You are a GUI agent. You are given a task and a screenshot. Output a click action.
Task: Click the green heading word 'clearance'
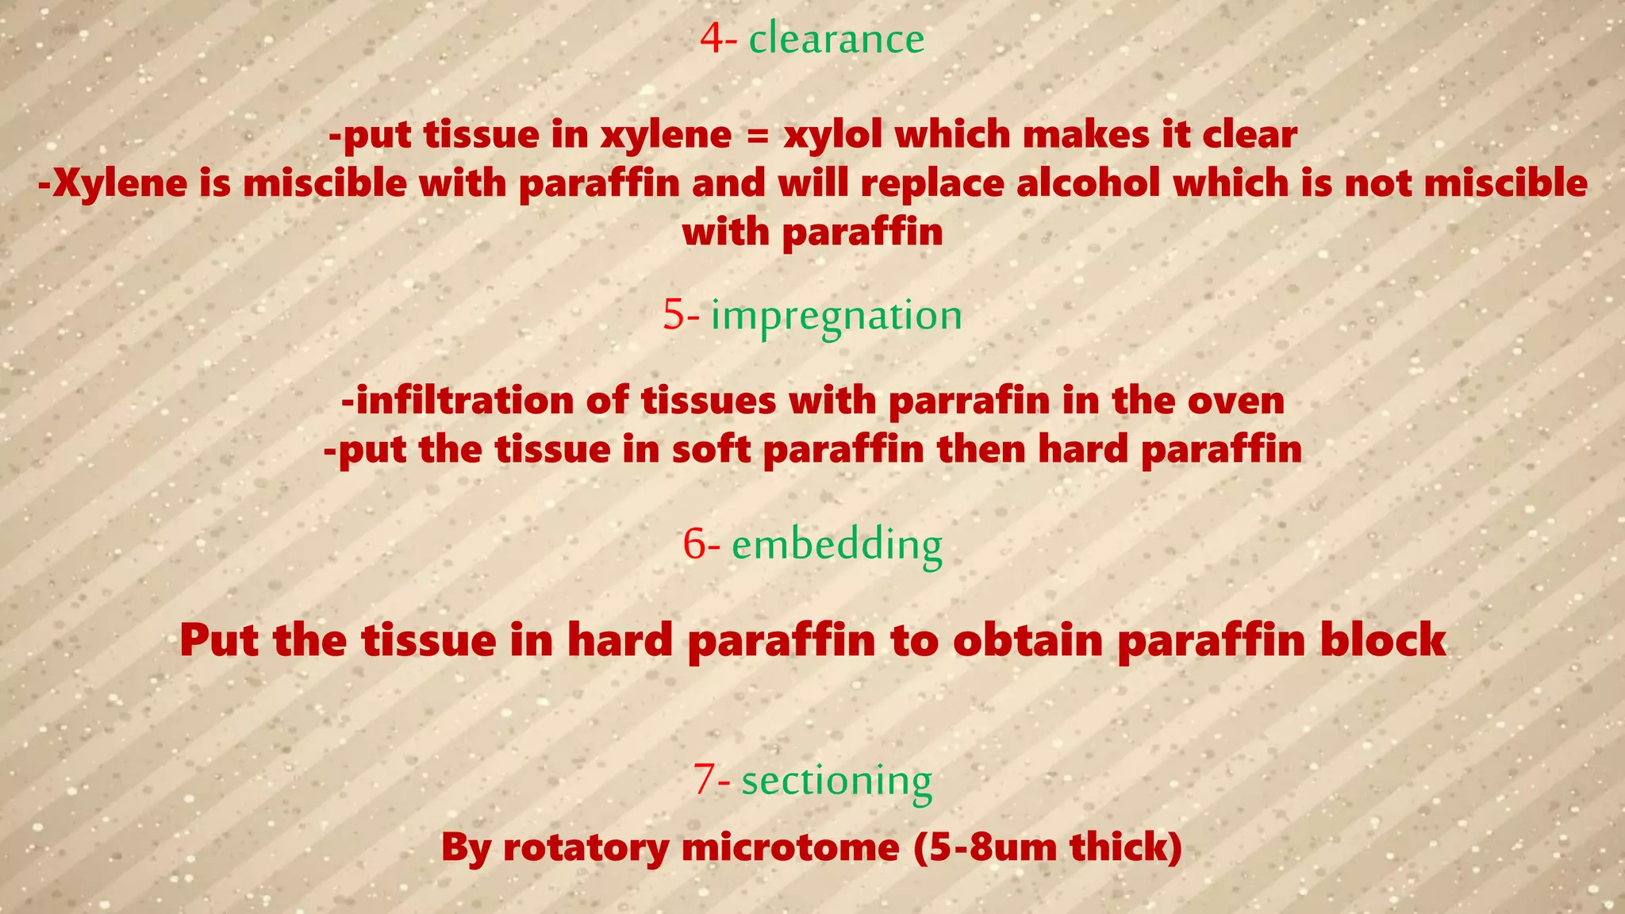tap(836, 39)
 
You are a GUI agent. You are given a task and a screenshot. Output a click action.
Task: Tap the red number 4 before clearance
tap(712, 39)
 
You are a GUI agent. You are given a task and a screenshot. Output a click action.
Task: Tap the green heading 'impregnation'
tap(836, 317)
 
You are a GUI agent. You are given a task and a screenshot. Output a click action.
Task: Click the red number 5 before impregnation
tap(674, 315)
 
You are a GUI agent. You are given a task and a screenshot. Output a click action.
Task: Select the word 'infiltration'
tap(464, 400)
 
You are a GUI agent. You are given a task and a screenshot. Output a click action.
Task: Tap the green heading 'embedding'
tap(836, 545)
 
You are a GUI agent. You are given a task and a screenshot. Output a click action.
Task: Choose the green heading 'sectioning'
tap(836, 781)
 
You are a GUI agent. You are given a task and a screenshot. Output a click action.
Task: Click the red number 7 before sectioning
tap(705, 781)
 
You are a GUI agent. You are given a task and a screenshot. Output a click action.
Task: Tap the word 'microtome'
tap(790, 847)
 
